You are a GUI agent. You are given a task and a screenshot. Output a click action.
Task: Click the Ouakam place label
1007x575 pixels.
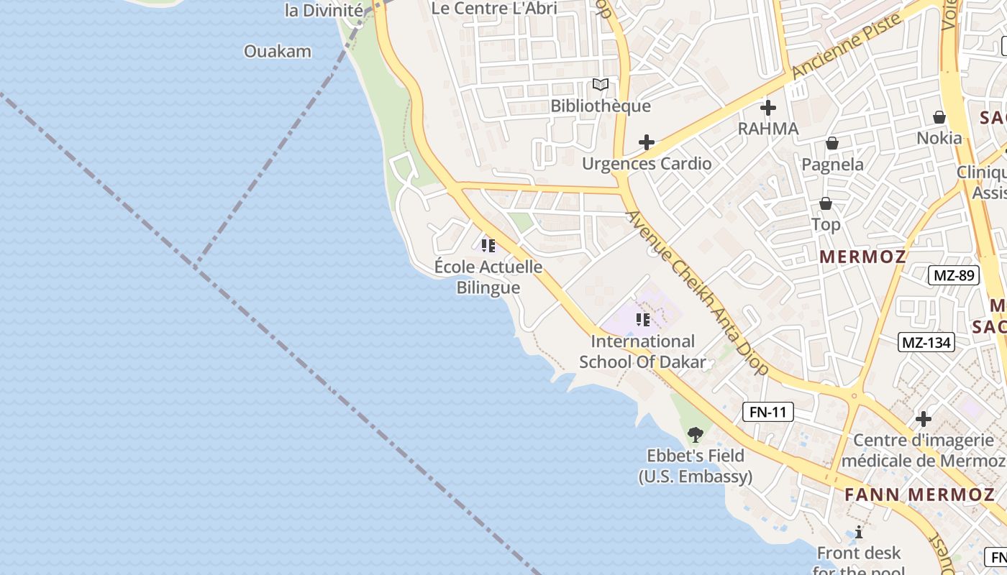point(278,51)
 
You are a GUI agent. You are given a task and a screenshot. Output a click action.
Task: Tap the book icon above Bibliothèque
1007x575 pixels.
point(601,85)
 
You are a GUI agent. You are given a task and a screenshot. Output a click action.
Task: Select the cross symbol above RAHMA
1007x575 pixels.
point(768,109)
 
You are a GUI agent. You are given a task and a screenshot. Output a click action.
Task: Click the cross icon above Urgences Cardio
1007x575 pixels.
point(647,142)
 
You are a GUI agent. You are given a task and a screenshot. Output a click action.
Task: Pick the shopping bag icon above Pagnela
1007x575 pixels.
point(832,144)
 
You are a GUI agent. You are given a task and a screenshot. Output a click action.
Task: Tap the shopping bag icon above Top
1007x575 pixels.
point(826,204)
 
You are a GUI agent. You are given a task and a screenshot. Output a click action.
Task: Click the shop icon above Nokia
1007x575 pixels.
point(939,117)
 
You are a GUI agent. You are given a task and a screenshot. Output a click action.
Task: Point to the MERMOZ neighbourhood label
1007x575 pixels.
point(862,257)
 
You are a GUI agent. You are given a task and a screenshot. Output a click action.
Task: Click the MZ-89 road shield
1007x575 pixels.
point(953,275)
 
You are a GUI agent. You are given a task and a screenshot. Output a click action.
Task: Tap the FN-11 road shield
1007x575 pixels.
point(768,412)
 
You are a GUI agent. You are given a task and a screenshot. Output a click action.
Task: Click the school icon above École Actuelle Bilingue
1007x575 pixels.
point(488,246)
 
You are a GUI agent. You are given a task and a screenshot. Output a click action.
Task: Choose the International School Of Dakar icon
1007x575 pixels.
point(642,320)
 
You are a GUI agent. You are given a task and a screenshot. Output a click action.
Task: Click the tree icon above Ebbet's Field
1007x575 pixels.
point(695,434)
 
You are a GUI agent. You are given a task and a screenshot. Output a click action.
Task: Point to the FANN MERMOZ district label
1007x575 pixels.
point(919,494)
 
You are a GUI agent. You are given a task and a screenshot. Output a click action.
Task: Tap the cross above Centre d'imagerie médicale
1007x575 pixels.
point(924,418)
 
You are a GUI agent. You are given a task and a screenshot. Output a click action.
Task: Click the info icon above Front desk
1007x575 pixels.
point(859,532)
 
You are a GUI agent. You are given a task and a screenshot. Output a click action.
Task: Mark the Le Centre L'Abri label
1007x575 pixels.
point(494,9)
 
